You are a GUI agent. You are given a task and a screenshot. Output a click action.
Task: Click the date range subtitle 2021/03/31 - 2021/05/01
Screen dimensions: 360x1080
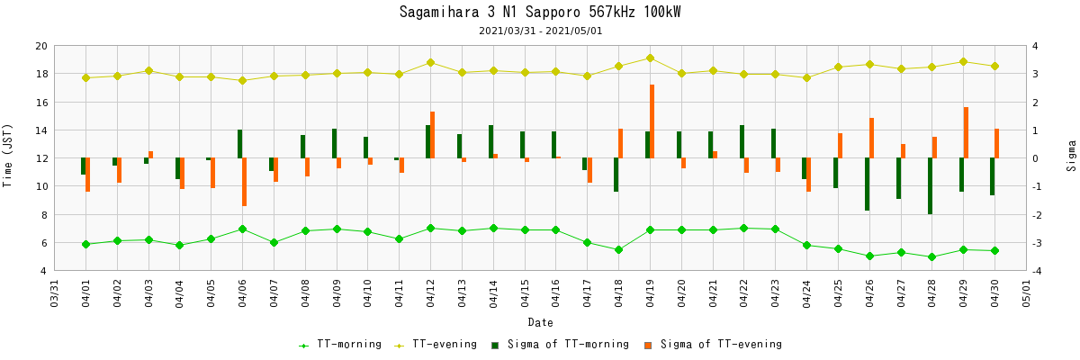point(540,31)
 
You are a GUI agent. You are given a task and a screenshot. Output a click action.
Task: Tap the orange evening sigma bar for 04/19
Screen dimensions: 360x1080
point(652,121)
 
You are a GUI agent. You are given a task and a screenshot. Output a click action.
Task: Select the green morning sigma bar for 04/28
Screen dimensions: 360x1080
point(930,186)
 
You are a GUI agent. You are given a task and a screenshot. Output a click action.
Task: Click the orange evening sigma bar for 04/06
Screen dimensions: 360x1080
point(245,182)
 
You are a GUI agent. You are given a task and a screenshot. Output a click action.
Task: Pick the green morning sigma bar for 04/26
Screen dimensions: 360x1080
point(867,184)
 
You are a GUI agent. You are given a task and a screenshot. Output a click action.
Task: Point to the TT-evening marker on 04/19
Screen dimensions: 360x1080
point(650,58)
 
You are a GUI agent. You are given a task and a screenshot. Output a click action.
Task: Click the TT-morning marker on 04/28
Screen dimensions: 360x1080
point(931,257)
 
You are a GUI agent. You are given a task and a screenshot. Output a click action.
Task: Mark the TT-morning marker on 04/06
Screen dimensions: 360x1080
point(242,229)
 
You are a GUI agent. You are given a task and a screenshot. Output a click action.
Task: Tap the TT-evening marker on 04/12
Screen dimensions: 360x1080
point(430,62)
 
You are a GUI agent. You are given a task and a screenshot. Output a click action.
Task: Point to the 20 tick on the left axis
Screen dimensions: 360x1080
point(41,46)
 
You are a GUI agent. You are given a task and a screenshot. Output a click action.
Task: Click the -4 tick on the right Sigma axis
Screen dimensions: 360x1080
point(1038,271)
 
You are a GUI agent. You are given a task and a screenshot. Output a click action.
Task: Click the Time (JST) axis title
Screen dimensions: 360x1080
point(8,158)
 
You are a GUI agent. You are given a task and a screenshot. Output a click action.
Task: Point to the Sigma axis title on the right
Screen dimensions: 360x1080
point(1071,158)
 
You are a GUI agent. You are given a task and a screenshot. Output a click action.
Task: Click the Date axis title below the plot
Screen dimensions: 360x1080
point(540,322)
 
